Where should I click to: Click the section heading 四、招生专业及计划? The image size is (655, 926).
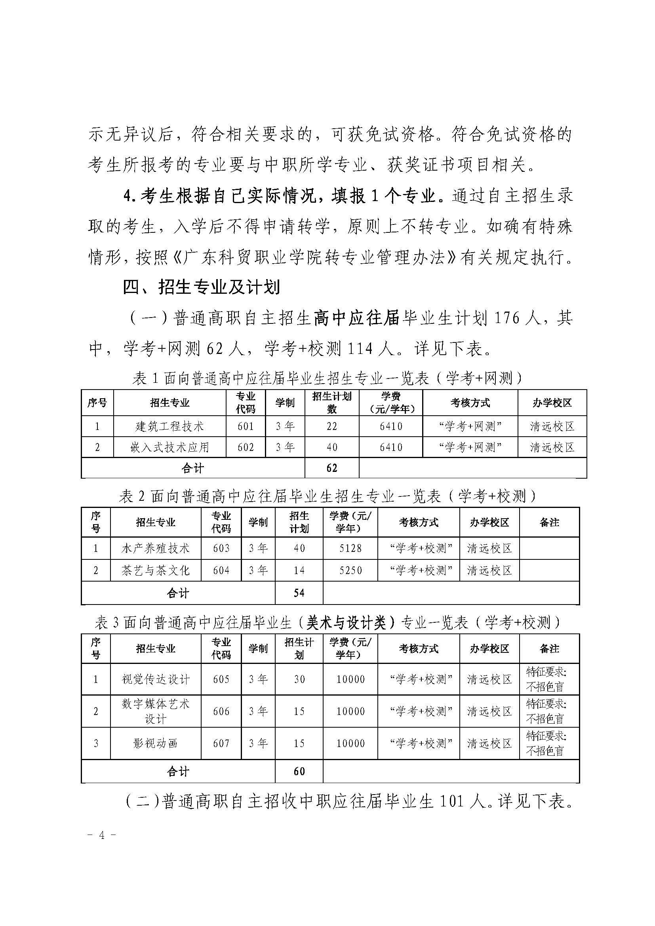click(x=201, y=288)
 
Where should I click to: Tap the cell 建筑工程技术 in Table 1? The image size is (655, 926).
click(x=169, y=426)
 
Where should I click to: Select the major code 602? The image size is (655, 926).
click(x=246, y=447)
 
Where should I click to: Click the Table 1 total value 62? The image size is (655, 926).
click(x=331, y=468)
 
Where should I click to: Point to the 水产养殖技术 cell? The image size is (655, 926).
click(x=155, y=548)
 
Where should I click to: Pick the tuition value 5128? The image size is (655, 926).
click(x=350, y=548)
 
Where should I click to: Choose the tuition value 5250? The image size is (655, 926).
click(x=350, y=570)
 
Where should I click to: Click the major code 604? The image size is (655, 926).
click(x=221, y=570)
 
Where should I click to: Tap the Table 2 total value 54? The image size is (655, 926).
click(x=299, y=593)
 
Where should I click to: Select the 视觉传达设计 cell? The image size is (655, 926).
click(x=155, y=679)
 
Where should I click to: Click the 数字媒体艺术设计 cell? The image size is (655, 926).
click(x=155, y=711)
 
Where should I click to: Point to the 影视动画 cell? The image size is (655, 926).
click(x=155, y=743)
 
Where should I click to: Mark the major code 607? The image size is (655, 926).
click(x=221, y=743)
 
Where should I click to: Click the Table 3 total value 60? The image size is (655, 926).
click(x=299, y=771)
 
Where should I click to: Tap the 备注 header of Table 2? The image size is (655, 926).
click(x=549, y=522)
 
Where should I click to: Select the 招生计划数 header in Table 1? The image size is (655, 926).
click(x=331, y=403)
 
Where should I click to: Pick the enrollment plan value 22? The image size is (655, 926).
click(x=331, y=426)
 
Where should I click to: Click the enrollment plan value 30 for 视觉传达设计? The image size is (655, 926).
click(x=299, y=679)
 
